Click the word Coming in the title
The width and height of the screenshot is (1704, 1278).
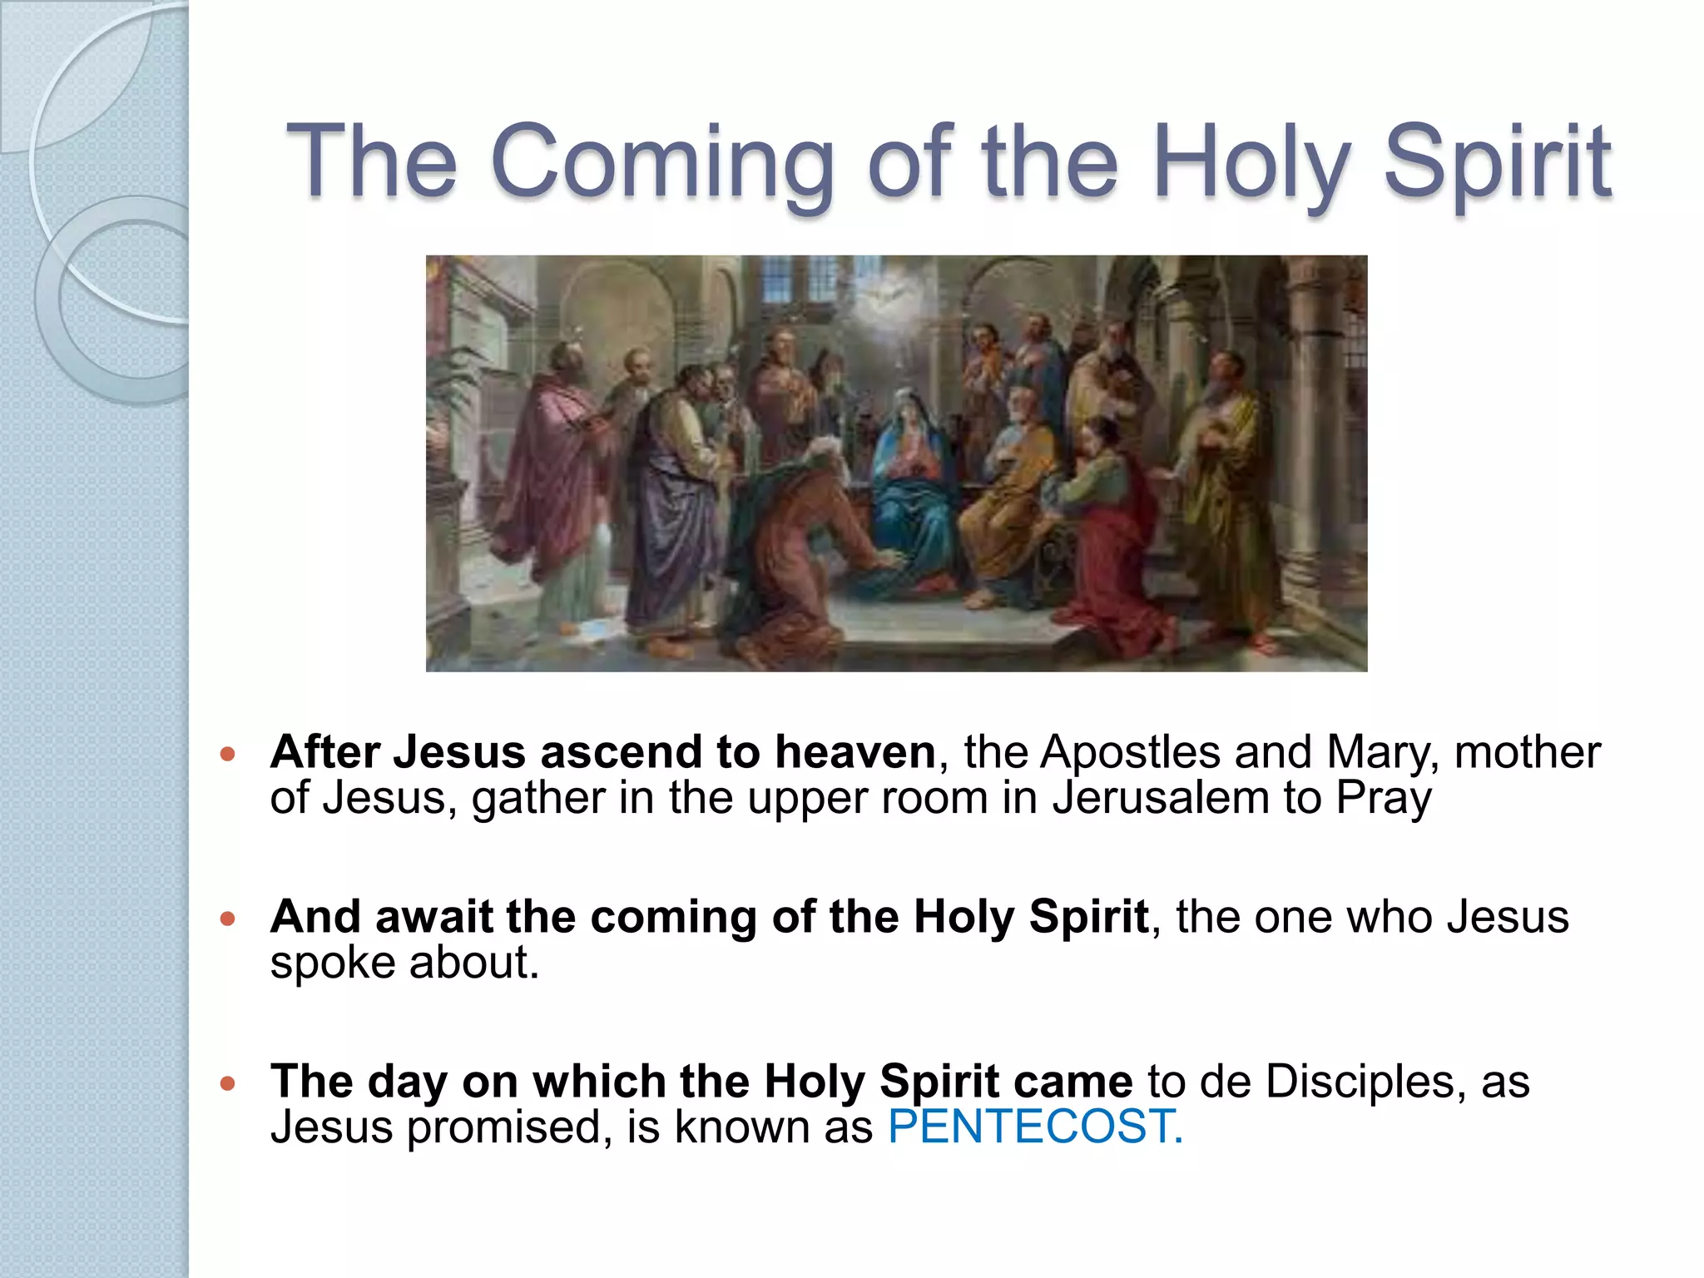click(x=662, y=162)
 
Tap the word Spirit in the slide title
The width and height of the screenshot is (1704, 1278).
click(x=1497, y=162)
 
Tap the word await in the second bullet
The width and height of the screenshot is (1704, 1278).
click(x=434, y=917)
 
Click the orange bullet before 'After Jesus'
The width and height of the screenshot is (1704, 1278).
click(x=228, y=755)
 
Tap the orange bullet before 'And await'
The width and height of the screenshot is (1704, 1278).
click(x=228, y=919)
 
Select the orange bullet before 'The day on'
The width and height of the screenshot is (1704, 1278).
click(x=228, y=1083)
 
